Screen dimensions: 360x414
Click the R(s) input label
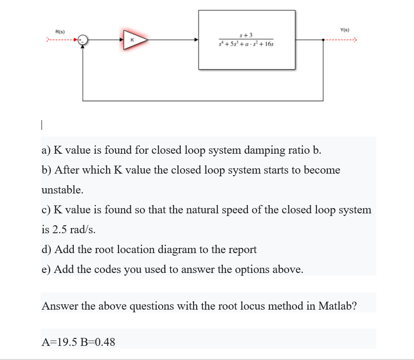[60, 32]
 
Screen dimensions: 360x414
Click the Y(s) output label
[345, 30]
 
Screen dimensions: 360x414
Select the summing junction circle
[83, 40]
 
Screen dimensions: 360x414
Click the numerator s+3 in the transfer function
[246, 34]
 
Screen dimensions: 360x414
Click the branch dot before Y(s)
[324, 40]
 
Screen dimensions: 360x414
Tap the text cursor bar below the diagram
[41, 125]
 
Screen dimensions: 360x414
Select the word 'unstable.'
[62, 190]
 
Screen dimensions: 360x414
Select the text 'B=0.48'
[96, 341]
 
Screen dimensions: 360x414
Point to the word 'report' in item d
[240, 250]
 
